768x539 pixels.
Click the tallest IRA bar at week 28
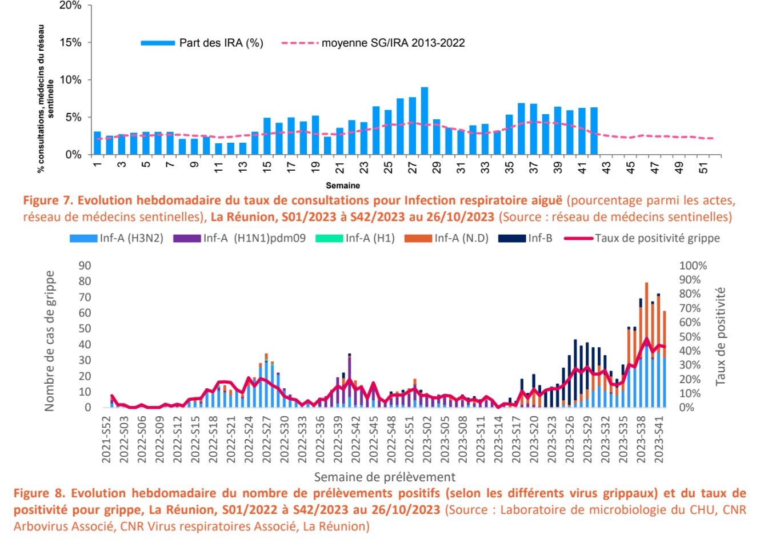(425, 121)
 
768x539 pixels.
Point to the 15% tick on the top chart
(70, 43)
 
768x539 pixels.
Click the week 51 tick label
(704, 167)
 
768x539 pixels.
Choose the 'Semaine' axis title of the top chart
(343, 186)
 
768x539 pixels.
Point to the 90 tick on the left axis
(85, 266)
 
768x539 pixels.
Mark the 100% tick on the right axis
(693, 266)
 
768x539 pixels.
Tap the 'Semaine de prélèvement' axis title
(385, 477)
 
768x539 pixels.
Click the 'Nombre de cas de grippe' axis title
(50, 341)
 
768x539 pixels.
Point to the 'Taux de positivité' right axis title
(721, 336)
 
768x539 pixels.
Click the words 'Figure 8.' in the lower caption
(38, 493)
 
